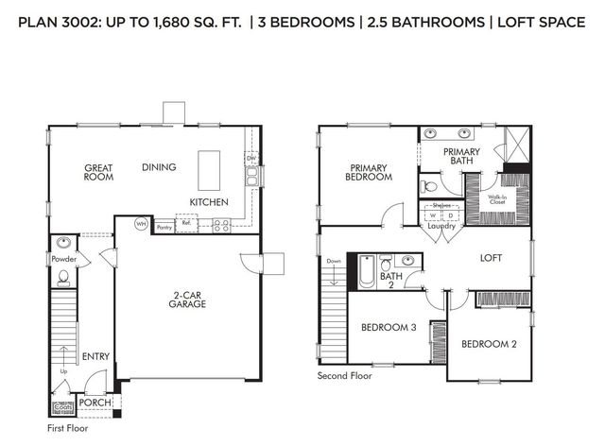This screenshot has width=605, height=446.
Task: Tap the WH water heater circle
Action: (x=141, y=224)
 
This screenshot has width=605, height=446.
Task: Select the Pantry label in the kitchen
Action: (x=164, y=227)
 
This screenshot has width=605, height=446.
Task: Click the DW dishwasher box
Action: (x=251, y=160)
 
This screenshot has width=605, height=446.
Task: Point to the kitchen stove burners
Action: (x=222, y=226)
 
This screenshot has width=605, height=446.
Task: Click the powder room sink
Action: (x=62, y=242)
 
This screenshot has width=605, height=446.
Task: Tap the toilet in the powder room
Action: (x=62, y=276)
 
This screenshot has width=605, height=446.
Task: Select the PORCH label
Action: (x=96, y=403)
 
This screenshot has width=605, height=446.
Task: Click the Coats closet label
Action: (x=61, y=408)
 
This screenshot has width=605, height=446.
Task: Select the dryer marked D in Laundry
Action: (x=450, y=215)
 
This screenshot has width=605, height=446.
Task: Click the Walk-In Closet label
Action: (x=497, y=200)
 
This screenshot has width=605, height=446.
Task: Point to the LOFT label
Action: (x=491, y=257)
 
